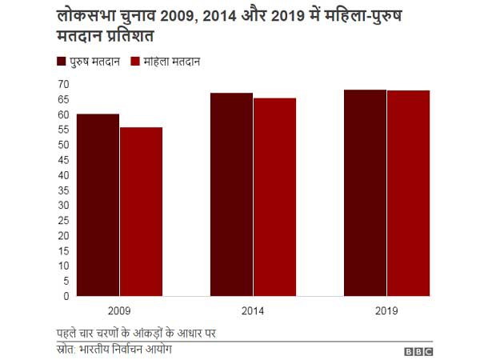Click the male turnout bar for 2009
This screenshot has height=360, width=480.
click(98, 205)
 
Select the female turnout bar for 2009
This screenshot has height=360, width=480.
click(141, 211)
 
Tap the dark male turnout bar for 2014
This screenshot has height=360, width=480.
click(231, 194)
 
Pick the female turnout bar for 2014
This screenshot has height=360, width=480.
click(274, 197)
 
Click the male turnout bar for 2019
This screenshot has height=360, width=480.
click(365, 193)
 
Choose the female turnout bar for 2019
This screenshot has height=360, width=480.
click(408, 193)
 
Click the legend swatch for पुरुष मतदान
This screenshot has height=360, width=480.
click(61, 62)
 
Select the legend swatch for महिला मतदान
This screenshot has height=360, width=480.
click(135, 62)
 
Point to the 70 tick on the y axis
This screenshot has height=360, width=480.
click(63, 84)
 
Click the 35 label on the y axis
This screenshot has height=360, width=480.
click(63, 190)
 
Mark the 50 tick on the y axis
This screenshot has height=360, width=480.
click(63, 145)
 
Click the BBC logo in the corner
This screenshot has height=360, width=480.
click(418, 350)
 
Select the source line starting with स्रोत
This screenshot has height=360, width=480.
click(114, 350)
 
